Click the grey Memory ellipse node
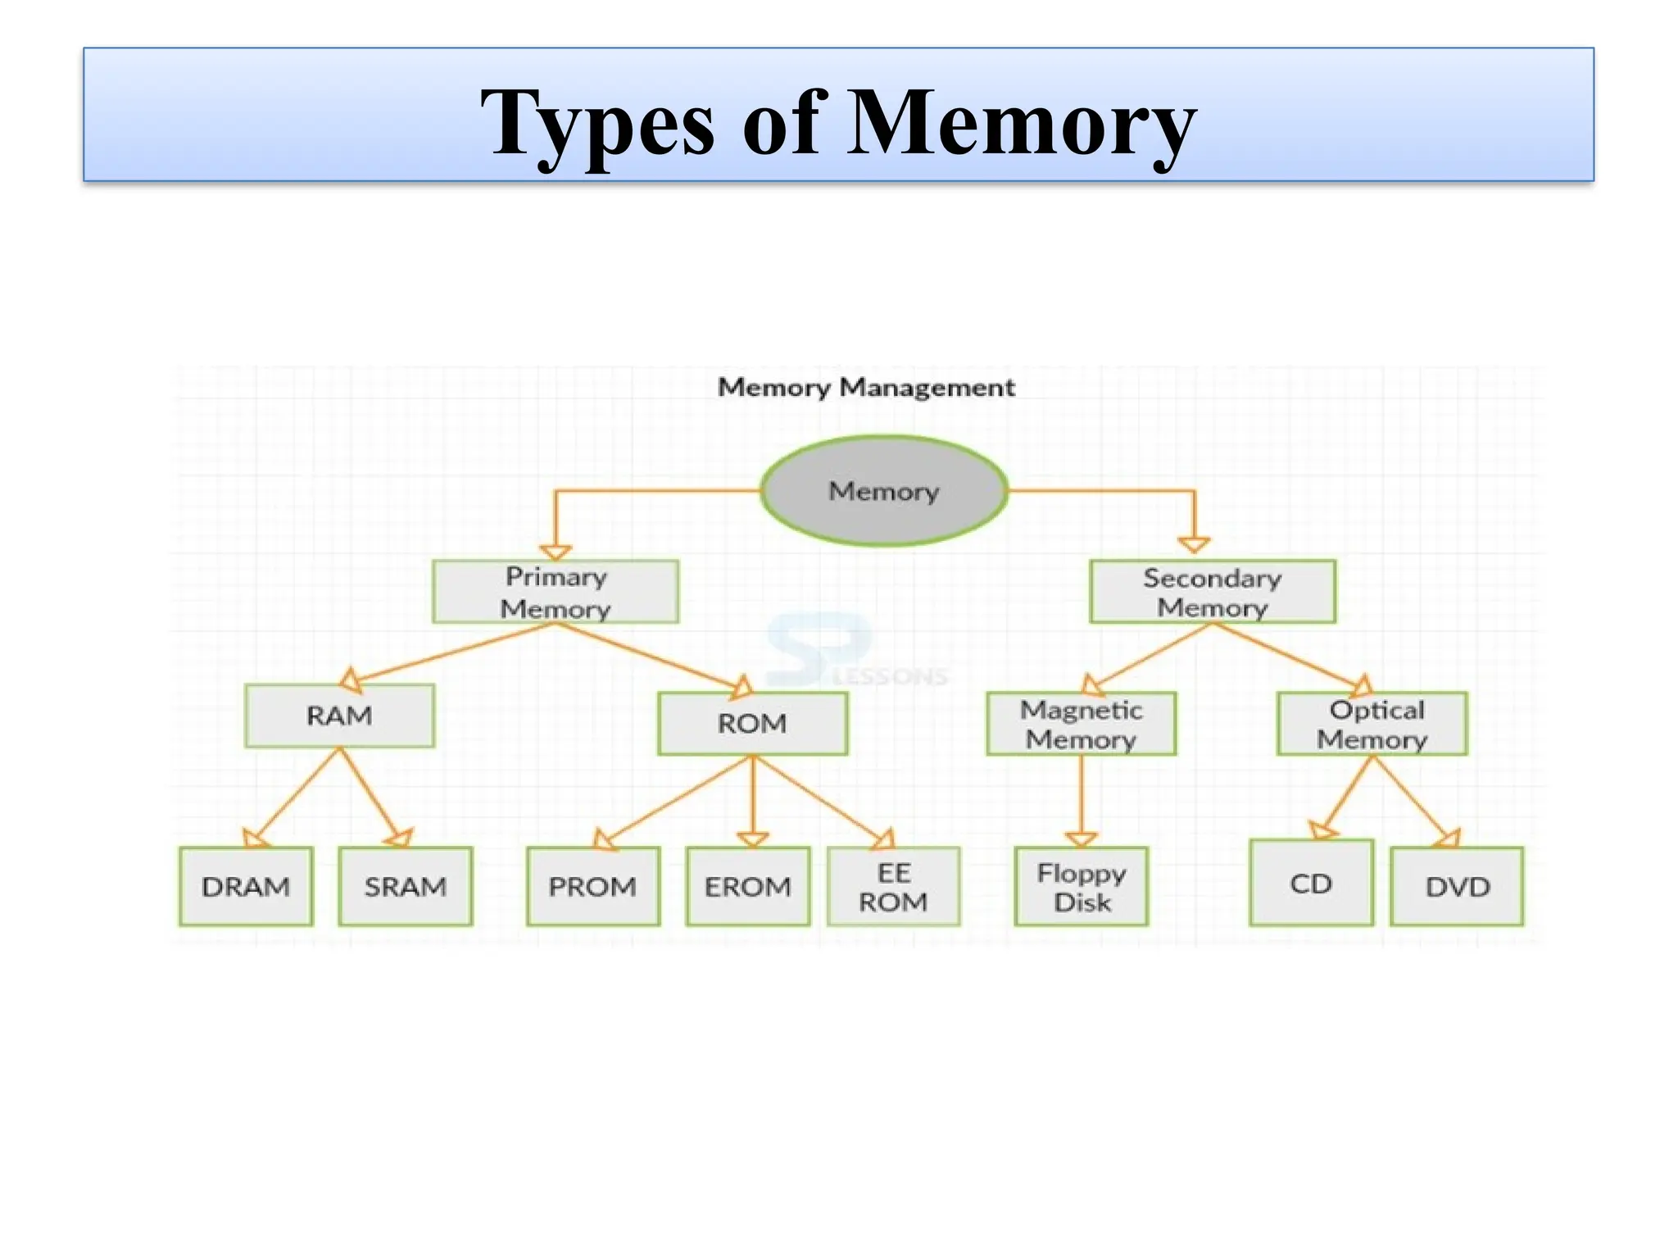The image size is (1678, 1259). pyautogui.click(x=884, y=491)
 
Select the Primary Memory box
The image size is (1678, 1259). pyautogui.click(x=556, y=592)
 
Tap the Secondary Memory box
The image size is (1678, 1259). pyautogui.click(x=1212, y=592)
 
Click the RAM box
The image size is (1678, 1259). pyautogui.click(x=339, y=716)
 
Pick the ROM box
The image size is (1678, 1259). pyautogui.click(x=752, y=723)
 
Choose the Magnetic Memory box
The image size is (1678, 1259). pyautogui.click(x=1081, y=724)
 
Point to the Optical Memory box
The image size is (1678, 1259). pyautogui.click(x=1372, y=724)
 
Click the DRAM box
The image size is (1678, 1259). pyautogui.click(x=246, y=886)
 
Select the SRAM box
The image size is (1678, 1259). pyautogui.click(x=406, y=886)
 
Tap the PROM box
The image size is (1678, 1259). pyautogui.click(x=593, y=886)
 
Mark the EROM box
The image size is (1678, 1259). pyautogui.click(x=748, y=886)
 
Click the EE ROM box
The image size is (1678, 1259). pyautogui.click(x=893, y=887)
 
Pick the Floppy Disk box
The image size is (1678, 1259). pyautogui.click(x=1082, y=887)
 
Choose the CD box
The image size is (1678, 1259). pyautogui.click(x=1311, y=883)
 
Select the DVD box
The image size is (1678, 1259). pyautogui.click(x=1457, y=886)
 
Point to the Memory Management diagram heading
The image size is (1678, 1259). pyautogui.click(x=866, y=387)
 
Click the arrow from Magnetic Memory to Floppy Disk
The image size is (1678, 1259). pyautogui.click(x=1081, y=799)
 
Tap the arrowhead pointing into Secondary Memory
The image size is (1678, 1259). pyautogui.click(x=1194, y=545)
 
